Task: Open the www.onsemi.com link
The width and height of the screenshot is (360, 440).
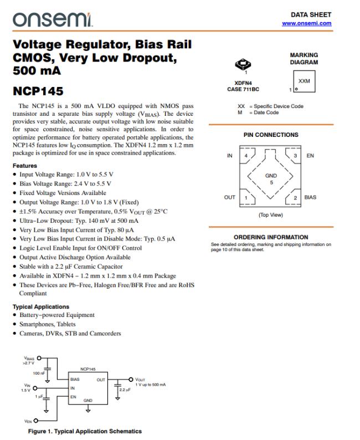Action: [x=306, y=23]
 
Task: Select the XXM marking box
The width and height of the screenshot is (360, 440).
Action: [x=304, y=81]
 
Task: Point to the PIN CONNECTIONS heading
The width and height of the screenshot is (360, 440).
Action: [x=271, y=135]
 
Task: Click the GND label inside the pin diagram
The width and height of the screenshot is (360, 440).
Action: [x=271, y=176]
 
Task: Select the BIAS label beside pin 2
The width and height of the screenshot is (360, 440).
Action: [x=311, y=197]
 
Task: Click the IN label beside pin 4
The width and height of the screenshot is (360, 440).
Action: [x=230, y=156]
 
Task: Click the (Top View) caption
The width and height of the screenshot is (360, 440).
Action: [x=271, y=214]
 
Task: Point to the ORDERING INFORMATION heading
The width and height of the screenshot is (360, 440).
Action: [x=271, y=237]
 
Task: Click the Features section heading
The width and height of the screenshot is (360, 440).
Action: [x=24, y=166]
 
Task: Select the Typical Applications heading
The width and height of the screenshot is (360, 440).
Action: [x=40, y=306]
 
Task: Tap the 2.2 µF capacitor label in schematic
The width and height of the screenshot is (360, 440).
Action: [x=125, y=390]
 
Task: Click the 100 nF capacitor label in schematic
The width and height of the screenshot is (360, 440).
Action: [x=39, y=374]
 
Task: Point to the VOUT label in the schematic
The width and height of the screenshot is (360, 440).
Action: [x=142, y=379]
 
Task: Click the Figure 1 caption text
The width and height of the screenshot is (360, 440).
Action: [x=84, y=431]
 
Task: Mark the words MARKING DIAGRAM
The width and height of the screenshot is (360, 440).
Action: [x=304, y=59]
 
